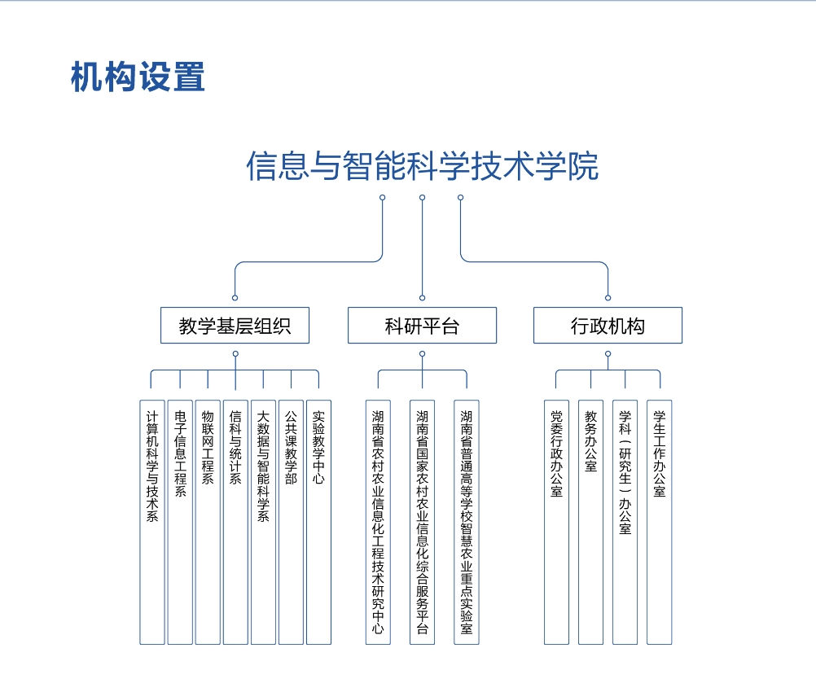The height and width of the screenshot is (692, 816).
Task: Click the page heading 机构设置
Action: point(138,77)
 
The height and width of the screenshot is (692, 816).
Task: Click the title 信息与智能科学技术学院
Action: point(422,166)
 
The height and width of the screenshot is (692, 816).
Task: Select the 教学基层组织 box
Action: point(235,325)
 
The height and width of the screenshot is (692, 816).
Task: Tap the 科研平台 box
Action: point(422,325)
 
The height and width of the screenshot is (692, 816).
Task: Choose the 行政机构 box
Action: point(608,325)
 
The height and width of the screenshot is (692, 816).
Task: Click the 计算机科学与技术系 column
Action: point(152,523)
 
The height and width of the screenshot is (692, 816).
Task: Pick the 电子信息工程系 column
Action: point(180,523)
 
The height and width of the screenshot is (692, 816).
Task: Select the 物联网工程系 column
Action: point(208,523)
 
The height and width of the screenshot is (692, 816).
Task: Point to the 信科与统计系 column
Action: point(235,523)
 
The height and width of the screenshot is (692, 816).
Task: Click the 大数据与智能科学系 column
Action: point(263,523)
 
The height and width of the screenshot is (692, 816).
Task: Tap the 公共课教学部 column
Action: point(291,523)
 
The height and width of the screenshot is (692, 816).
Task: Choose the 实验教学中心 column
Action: point(318,523)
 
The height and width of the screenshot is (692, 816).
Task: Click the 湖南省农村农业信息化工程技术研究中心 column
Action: point(378,523)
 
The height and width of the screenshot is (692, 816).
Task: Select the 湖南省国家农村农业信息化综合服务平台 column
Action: point(422,523)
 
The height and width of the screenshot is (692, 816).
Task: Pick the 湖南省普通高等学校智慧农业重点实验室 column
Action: point(467,523)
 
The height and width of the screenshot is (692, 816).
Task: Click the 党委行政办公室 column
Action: point(556,523)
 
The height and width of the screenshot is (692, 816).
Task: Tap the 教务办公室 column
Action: point(590,523)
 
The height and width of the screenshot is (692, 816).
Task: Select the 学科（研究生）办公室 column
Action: point(625,523)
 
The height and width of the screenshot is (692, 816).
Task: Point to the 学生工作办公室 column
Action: point(660,523)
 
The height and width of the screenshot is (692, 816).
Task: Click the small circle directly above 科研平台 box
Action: point(422,298)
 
